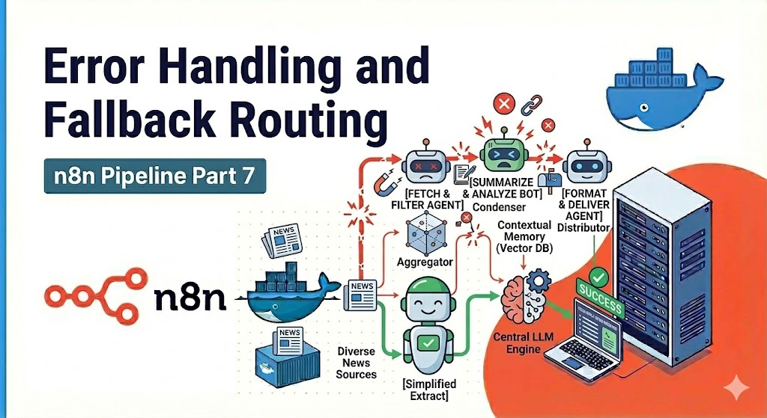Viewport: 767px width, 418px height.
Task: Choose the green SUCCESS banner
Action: point(598,307)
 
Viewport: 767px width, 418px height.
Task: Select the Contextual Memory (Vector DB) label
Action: point(525,237)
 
